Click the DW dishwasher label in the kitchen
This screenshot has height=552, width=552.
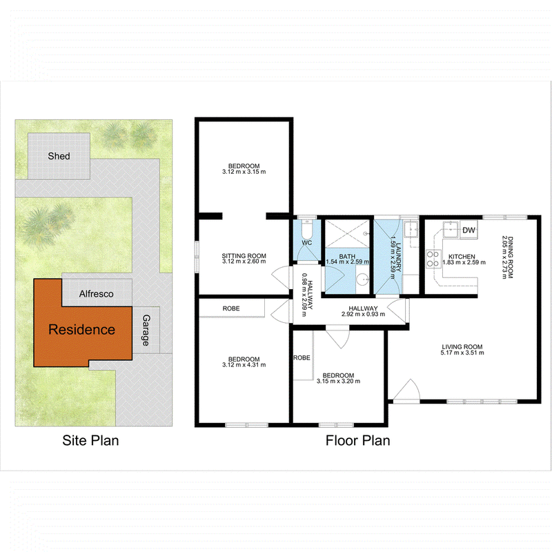(x=469, y=230)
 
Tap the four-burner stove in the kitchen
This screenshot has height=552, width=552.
(x=434, y=259)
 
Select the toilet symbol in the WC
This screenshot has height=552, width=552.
(x=307, y=230)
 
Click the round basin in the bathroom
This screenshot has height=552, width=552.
(x=362, y=280)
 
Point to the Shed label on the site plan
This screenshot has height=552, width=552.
(x=59, y=156)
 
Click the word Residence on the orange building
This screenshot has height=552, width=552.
(x=81, y=330)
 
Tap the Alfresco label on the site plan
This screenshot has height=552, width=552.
(x=96, y=294)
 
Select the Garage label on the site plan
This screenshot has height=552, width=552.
(x=146, y=331)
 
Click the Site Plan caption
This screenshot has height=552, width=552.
(x=90, y=440)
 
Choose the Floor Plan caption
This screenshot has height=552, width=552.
(x=357, y=440)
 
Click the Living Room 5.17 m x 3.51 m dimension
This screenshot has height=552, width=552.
(x=462, y=353)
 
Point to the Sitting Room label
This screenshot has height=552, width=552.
(x=244, y=256)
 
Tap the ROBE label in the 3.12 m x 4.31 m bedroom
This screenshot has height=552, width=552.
(x=231, y=308)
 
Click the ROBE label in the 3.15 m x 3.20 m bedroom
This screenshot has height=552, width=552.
(x=302, y=357)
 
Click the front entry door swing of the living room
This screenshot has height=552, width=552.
(x=406, y=390)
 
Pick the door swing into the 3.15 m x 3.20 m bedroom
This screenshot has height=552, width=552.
(x=337, y=337)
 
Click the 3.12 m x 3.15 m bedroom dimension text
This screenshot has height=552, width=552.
(x=244, y=172)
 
